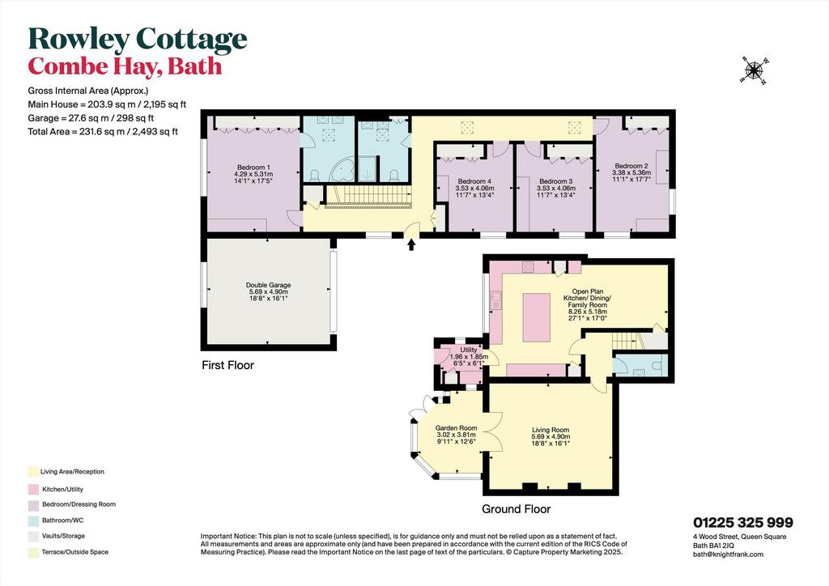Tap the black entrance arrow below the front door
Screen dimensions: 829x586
tap(411, 244)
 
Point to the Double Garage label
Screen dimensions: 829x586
tap(269, 291)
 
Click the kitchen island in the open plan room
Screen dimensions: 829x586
tap(537, 317)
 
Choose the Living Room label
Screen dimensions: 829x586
tap(551, 437)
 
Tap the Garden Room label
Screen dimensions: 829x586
tap(457, 435)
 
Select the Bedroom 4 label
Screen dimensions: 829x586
tap(474, 188)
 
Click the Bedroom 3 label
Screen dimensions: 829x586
tap(556, 188)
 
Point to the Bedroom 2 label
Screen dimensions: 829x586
tap(631, 172)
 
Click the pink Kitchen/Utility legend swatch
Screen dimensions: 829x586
tap(33, 490)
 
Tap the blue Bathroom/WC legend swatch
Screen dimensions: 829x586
tap(33, 520)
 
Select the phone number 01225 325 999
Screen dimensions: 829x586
tap(743, 523)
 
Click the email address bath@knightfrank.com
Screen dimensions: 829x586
tap(728, 554)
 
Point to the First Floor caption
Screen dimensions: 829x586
tap(227, 365)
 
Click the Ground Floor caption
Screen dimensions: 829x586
tap(516, 509)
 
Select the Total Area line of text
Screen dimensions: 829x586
tap(103, 132)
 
